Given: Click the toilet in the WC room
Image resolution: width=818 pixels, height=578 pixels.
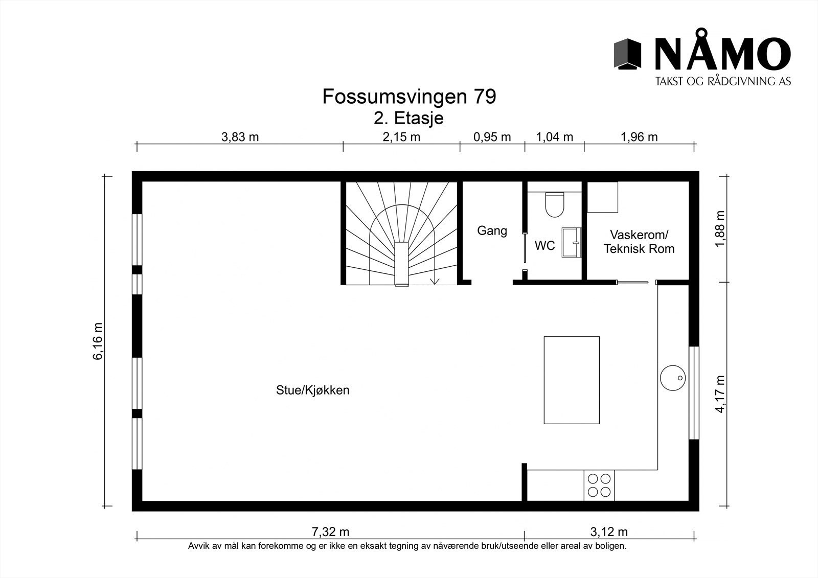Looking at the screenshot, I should [554, 204].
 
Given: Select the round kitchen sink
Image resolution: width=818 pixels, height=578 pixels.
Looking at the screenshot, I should [672, 378].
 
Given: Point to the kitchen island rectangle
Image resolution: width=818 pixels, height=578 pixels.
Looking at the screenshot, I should [571, 380].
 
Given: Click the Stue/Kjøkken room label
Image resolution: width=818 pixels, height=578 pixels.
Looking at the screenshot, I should [312, 390].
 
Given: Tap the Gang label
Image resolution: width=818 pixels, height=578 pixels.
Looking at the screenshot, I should [492, 230].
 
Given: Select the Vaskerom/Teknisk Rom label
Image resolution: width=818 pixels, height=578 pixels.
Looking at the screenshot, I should [639, 242].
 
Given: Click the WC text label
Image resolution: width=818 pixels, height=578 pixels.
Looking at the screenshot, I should [544, 246].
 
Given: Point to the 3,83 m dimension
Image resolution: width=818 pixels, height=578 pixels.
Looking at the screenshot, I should [240, 137].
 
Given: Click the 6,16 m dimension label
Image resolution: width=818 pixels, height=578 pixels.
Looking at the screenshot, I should [98, 341].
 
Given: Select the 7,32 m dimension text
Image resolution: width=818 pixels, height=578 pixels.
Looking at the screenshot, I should [330, 532].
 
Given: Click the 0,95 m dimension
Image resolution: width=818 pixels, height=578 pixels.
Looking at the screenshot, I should [492, 137].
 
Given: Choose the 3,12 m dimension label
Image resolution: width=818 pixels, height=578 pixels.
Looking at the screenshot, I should [609, 532].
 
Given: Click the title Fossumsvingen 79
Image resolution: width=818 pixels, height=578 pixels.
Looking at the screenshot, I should [408, 97].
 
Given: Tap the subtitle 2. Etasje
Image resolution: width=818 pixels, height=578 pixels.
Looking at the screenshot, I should [408, 118].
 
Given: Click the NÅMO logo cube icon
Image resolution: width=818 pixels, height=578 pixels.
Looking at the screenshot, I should [627, 54].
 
